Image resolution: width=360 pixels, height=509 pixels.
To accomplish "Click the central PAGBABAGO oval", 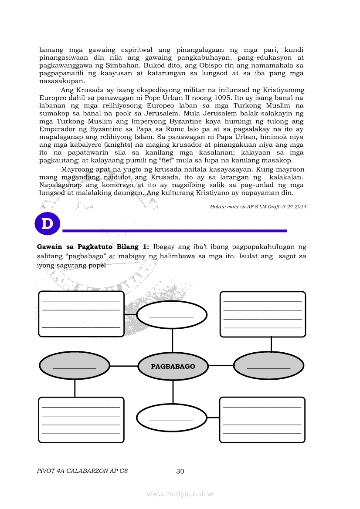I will point(173,367).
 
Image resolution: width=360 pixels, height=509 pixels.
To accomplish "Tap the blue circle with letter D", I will point(47,224).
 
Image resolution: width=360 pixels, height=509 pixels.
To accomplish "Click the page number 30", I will point(180,471).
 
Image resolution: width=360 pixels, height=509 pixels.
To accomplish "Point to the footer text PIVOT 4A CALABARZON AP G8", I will point(82,471).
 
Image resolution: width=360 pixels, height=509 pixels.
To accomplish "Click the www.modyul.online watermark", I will point(180,494).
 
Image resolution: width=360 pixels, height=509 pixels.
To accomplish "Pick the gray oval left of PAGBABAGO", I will point(75,366).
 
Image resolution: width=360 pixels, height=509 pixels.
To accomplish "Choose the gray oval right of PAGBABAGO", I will point(268,366).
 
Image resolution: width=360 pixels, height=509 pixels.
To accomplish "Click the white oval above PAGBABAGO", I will point(172,314).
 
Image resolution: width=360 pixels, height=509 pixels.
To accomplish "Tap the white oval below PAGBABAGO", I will point(171,418).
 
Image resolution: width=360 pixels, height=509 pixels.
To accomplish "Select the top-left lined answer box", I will point(82,314).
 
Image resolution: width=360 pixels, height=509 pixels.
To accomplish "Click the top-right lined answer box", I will point(263,314).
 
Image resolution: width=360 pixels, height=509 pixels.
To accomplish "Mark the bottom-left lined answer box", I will point(81,420).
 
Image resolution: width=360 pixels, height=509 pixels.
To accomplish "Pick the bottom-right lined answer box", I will point(262,419).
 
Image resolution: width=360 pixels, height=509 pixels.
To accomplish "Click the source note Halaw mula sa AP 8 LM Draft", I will point(258,207).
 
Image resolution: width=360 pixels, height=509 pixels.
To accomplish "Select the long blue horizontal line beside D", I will point(175,230).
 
